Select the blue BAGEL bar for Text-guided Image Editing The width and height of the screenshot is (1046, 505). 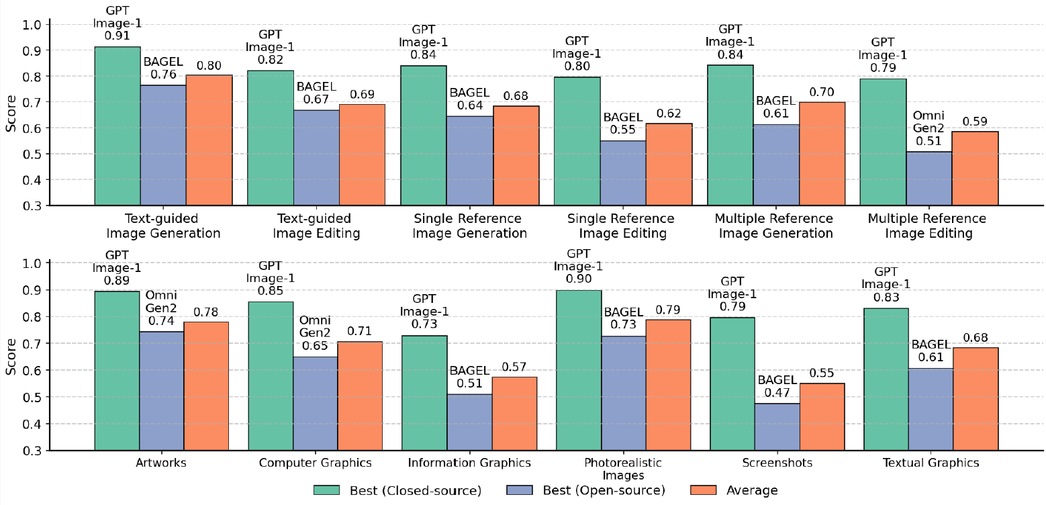317,158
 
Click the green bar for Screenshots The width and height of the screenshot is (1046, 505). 732,383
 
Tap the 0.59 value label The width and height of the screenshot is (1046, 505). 975,122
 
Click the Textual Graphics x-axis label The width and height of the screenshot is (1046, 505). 931,463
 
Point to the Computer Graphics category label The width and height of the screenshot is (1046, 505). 316,463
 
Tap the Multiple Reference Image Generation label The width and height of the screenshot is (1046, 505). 773,226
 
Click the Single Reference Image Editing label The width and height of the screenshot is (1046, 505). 620,226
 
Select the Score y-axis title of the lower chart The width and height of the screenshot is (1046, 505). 11,356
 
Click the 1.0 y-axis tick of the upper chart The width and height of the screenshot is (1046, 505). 34,25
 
